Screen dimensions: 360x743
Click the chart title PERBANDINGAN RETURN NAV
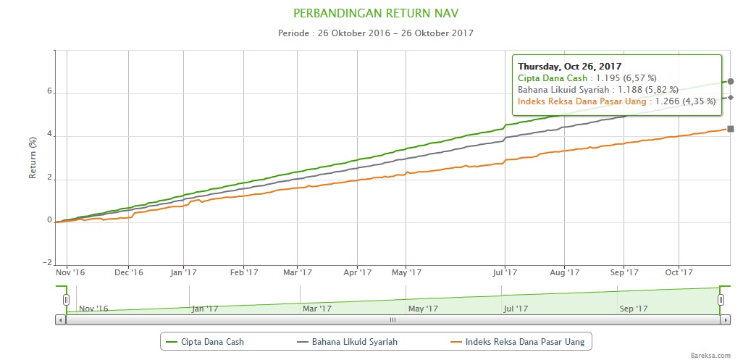point(376,13)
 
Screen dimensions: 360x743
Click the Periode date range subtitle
point(376,33)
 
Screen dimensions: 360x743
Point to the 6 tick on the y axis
point(50,92)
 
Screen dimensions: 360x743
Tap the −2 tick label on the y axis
point(48,262)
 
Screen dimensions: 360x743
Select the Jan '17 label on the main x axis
point(183,272)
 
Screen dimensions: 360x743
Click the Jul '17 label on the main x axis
point(504,272)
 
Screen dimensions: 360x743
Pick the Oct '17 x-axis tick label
point(679,272)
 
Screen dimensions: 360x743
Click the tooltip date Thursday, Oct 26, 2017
point(569,66)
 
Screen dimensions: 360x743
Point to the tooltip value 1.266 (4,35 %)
point(685,101)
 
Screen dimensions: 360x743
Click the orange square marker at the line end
point(731,129)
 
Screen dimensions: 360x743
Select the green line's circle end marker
point(731,81)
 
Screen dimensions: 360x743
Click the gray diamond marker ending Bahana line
point(731,97)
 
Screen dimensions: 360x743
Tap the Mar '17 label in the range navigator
point(316,308)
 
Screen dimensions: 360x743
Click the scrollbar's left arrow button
point(60,319)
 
